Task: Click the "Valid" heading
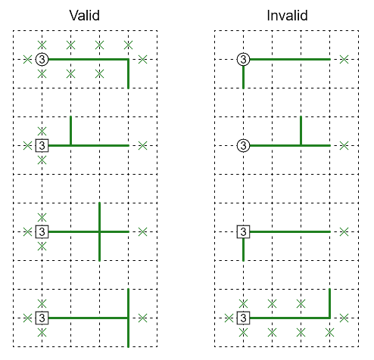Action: click(x=85, y=15)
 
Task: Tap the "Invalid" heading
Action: click(x=287, y=15)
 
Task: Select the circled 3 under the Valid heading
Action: click(x=42, y=60)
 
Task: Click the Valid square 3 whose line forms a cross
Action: click(x=42, y=231)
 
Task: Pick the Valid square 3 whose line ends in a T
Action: click(x=42, y=318)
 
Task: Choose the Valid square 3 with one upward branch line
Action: click(x=42, y=145)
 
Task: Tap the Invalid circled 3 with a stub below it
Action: click(x=243, y=60)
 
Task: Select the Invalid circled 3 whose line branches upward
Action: click(x=243, y=145)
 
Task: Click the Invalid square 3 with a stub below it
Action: click(x=243, y=231)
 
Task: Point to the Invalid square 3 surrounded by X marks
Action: click(x=243, y=318)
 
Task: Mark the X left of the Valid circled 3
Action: click(x=27, y=60)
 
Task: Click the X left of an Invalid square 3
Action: click(x=229, y=318)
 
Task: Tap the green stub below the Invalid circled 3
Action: click(x=243, y=77)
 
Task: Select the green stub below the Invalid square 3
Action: click(x=243, y=250)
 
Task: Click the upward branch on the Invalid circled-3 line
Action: click(x=301, y=131)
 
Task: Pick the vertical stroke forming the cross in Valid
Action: click(x=99, y=231)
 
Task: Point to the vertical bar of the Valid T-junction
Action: click(x=128, y=318)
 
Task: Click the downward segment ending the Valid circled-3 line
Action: click(x=128, y=74)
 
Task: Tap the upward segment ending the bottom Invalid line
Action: click(x=329, y=303)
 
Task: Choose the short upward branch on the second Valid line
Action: click(x=70, y=131)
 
